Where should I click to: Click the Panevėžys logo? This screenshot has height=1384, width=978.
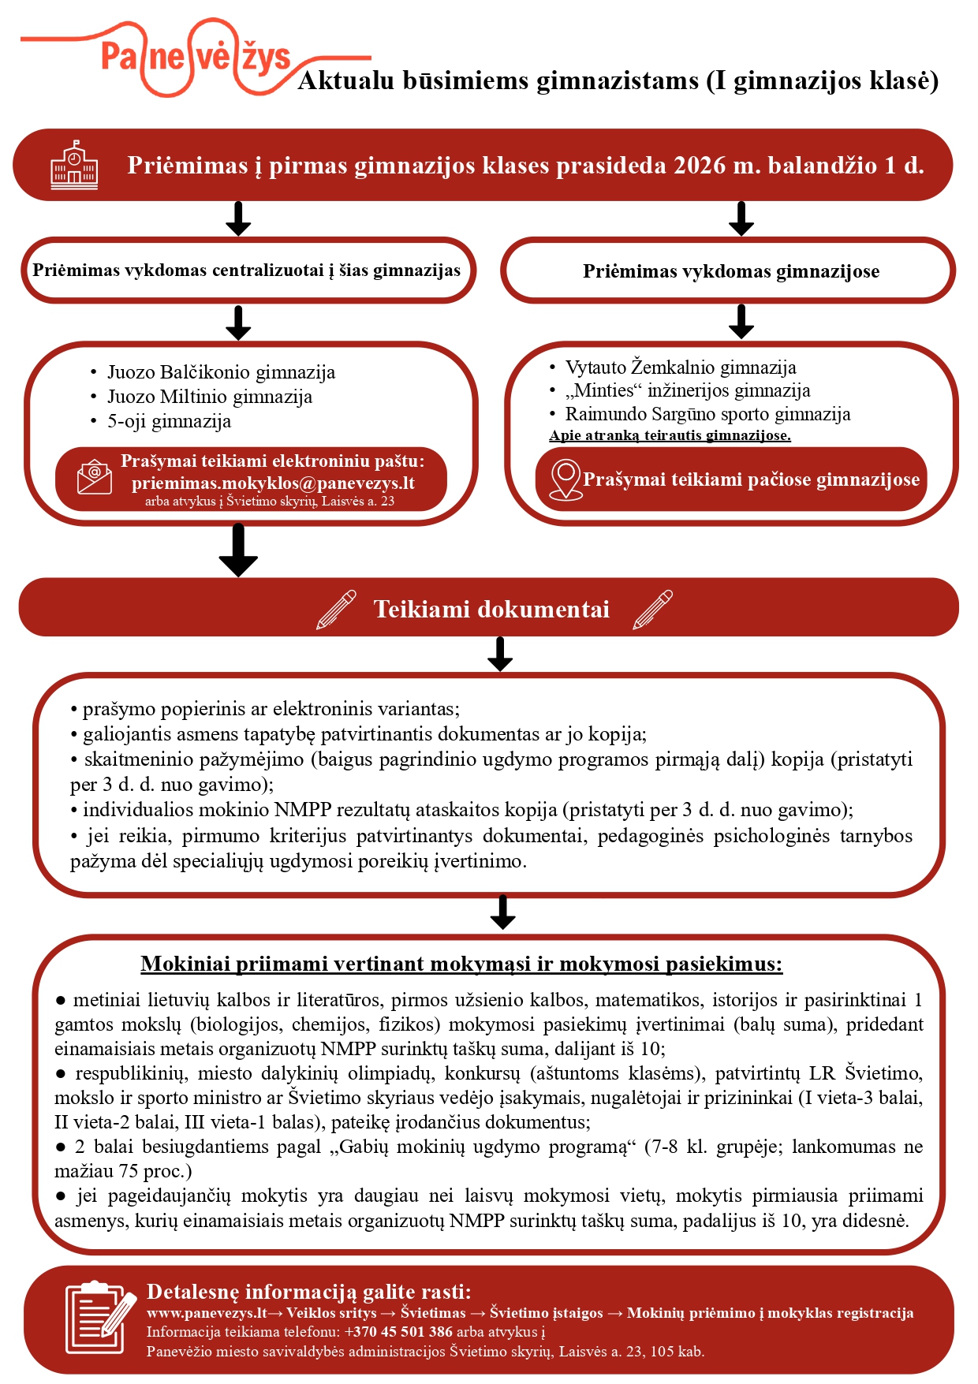point(196,57)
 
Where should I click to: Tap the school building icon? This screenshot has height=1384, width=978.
point(74,165)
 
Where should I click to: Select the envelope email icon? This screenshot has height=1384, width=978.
point(95,478)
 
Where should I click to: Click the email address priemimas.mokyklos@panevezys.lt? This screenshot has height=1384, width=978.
point(273,483)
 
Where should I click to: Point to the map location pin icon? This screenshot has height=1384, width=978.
point(565,479)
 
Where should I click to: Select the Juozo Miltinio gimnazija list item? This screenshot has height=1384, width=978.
point(210,397)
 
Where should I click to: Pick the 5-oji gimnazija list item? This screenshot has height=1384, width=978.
point(169,421)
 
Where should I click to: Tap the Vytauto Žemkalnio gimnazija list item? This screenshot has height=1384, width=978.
point(681,367)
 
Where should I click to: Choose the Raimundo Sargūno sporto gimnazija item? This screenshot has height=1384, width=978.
point(707,414)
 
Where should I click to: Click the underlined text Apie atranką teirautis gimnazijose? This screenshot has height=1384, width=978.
point(670,435)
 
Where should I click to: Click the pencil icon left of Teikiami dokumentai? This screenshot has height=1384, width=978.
point(336,610)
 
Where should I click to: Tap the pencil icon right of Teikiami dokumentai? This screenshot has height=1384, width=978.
point(653,610)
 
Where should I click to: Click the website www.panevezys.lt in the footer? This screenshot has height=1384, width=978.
point(207,1313)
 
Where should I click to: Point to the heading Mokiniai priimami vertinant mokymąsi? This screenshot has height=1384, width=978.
point(461,964)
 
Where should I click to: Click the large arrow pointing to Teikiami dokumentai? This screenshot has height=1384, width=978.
point(238,550)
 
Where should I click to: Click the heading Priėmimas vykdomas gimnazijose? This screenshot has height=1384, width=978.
point(731,271)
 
